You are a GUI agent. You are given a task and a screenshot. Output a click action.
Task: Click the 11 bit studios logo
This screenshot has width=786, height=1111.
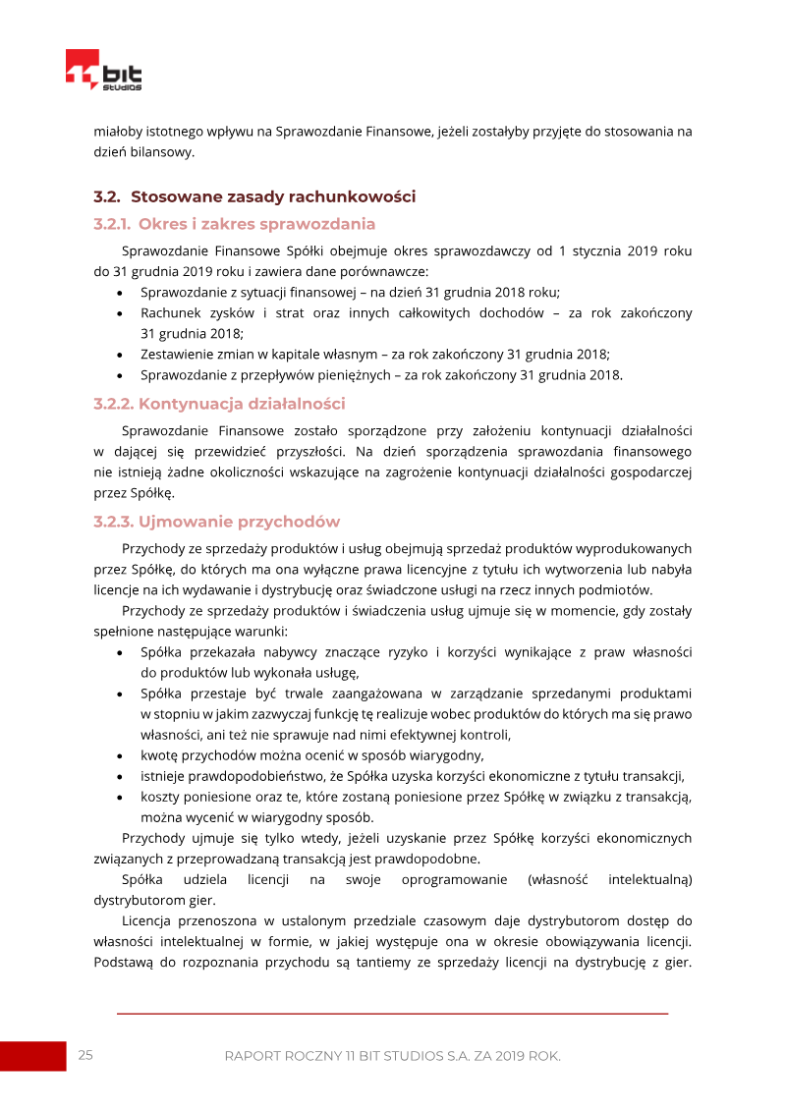(103, 72)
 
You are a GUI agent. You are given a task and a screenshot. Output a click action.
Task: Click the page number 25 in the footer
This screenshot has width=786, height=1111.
(85, 1056)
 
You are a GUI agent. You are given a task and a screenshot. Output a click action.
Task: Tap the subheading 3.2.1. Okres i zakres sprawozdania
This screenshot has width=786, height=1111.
(234, 224)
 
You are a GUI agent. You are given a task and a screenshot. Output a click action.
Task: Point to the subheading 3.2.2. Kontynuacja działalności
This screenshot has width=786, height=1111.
(219, 404)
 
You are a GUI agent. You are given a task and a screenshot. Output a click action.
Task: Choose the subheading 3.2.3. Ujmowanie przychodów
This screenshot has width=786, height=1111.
(216, 522)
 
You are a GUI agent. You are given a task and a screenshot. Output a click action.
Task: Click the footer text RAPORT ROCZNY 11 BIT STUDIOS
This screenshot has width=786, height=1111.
(392, 1056)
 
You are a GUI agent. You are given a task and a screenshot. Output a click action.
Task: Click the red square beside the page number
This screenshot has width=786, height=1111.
(32, 1056)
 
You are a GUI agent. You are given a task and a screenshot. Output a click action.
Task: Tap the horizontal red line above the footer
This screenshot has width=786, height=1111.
(392, 1013)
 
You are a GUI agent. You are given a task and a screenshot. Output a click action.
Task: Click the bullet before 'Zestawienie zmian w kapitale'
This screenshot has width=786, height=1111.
(119, 355)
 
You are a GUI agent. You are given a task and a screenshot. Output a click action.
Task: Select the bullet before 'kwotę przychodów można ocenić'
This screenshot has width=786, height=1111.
(119, 755)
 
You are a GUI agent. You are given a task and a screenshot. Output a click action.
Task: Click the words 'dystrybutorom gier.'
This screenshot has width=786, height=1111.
(154, 900)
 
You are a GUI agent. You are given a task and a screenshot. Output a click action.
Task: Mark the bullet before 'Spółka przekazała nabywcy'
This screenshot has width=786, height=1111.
(119, 652)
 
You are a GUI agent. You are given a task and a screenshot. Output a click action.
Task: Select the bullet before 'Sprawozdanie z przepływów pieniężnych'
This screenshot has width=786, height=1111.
(119, 375)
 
